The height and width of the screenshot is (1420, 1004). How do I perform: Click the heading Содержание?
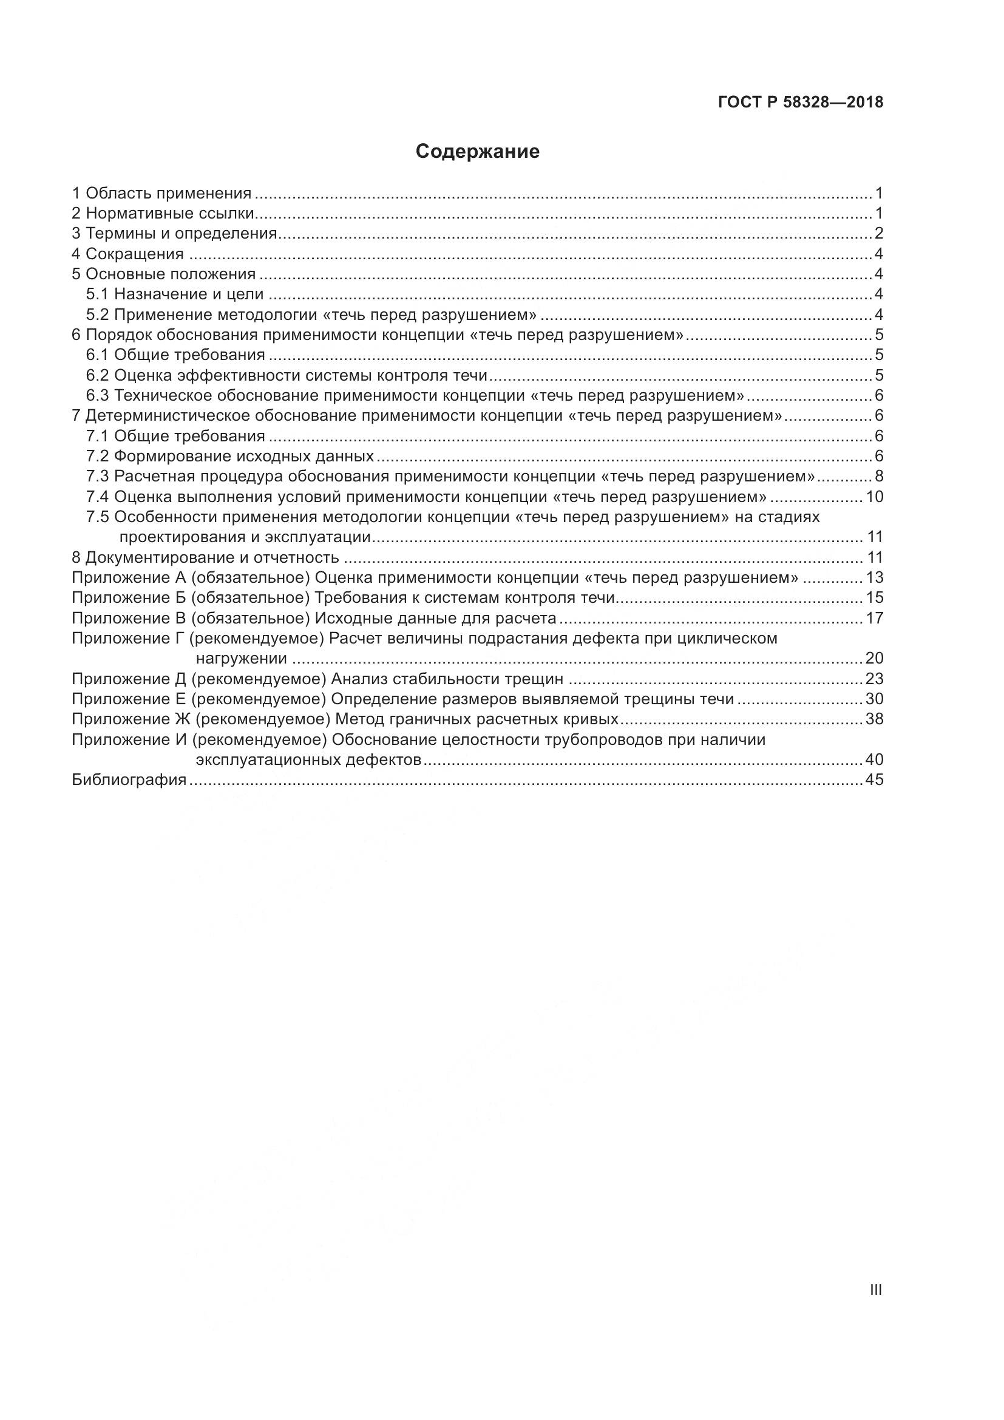(x=477, y=152)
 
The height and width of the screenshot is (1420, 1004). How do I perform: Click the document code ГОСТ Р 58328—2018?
(x=801, y=103)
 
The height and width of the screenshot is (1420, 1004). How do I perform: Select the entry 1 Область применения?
(x=162, y=194)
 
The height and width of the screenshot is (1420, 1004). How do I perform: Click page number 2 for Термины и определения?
(x=878, y=234)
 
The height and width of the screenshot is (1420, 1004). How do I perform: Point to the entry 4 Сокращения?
(x=128, y=254)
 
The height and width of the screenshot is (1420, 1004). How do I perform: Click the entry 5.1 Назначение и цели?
(x=175, y=294)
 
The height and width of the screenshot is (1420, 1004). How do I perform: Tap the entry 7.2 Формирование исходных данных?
(x=230, y=457)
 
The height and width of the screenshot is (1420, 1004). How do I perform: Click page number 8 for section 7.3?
(x=878, y=476)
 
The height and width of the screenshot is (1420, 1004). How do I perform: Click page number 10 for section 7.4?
(x=875, y=497)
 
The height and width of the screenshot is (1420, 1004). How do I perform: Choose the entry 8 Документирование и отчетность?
(x=205, y=557)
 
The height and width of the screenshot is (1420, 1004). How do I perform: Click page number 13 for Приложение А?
(x=875, y=577)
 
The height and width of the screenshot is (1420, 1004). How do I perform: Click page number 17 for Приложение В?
(x=875, y=618)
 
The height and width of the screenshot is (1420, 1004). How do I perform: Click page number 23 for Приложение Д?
(x=875, y=679)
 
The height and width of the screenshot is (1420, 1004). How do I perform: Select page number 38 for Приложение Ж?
(x=875, y=719)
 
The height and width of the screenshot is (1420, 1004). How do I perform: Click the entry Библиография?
(x=129, y=780)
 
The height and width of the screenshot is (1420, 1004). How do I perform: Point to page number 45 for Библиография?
(x=875, y=780)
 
